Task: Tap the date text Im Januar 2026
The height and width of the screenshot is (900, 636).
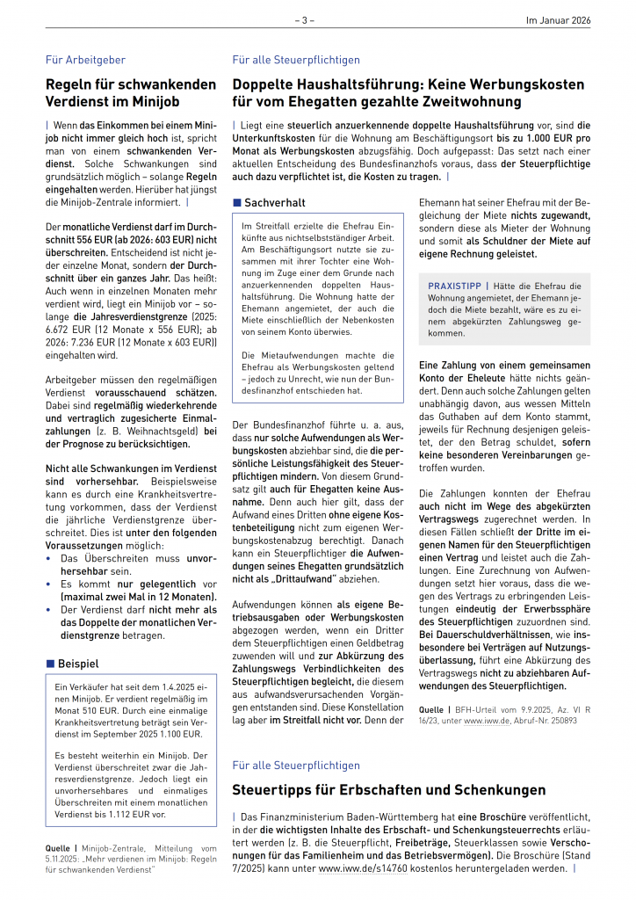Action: (558, 19)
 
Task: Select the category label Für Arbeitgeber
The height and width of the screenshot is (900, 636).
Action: (85, 60)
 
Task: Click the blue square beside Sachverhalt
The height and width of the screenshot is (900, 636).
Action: (236, 203)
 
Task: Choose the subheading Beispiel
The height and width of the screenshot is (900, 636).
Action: (78, 663)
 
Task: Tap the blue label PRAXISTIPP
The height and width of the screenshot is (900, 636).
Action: (456, 286)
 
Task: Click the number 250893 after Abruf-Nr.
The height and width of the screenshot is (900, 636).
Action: (559, 720)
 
